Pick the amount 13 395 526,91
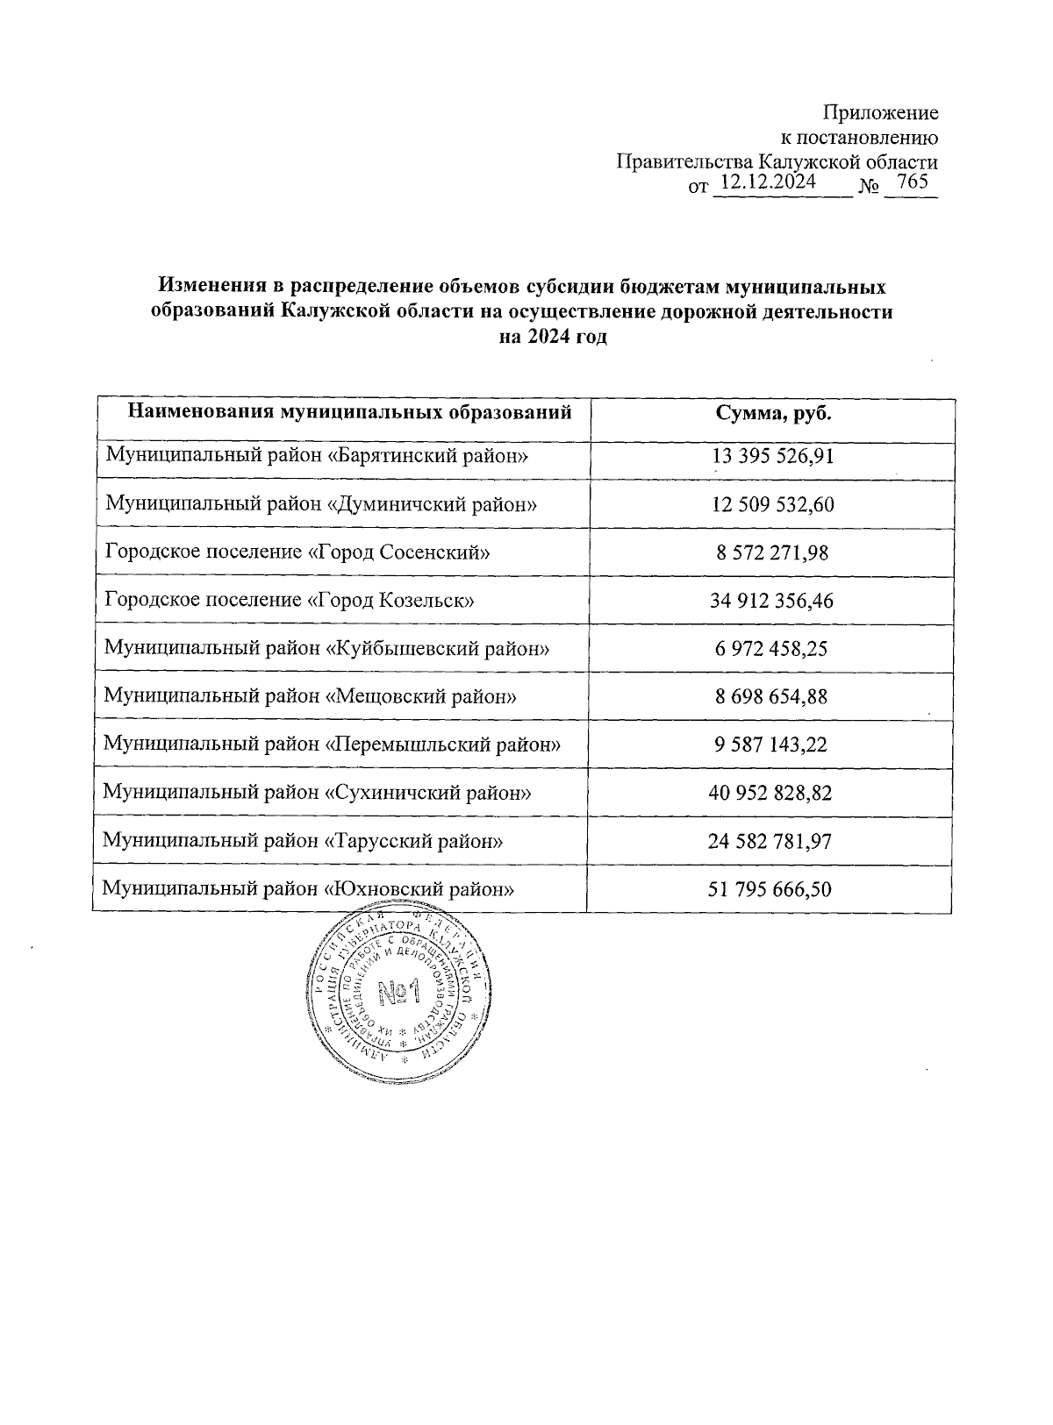770,456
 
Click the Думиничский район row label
320,504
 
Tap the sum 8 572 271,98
770,552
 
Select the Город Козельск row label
290,601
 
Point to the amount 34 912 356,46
770,601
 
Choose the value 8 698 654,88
770,697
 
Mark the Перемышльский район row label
332,745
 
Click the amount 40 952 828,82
770,793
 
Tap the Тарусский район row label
303,841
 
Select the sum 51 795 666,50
770,889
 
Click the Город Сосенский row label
297,552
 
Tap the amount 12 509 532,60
770,504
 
